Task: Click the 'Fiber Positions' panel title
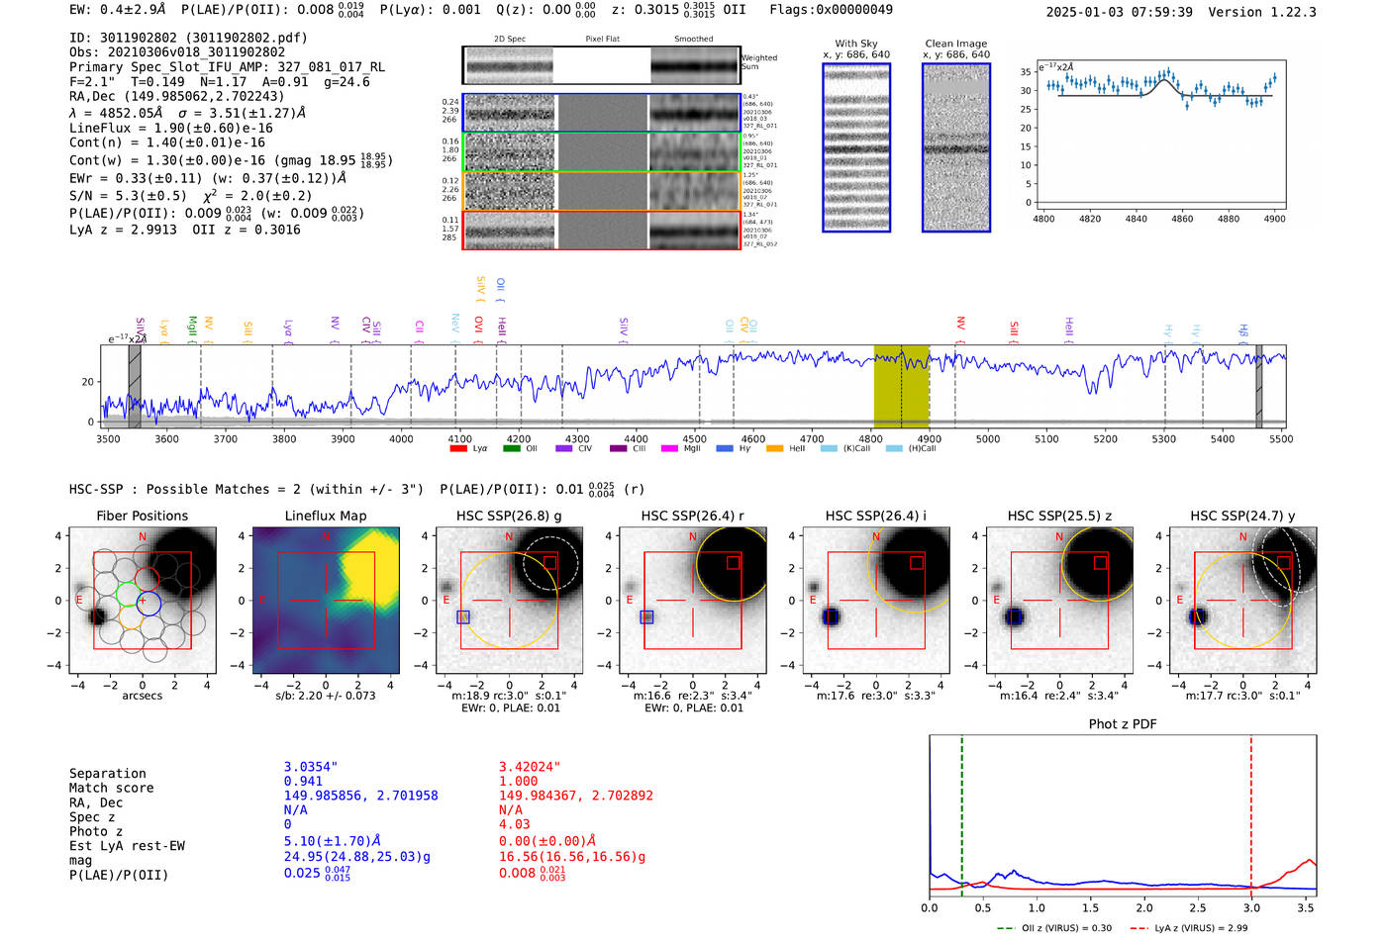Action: point(142,516)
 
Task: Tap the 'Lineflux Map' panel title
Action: point(326,516)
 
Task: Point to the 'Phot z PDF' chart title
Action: point(1123,724)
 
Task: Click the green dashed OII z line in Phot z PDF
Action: point(961,811)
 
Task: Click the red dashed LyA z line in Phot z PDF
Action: point(1251,811)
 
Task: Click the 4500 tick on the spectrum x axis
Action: point(695,438)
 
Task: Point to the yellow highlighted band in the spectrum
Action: point(901,386)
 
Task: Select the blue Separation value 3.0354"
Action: point(311,767)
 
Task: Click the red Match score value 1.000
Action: point(519,781)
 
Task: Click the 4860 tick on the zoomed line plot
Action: point(1182,219)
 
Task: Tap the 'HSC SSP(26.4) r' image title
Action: point(693,516)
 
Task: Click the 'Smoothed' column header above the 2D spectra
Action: point(693,40)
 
